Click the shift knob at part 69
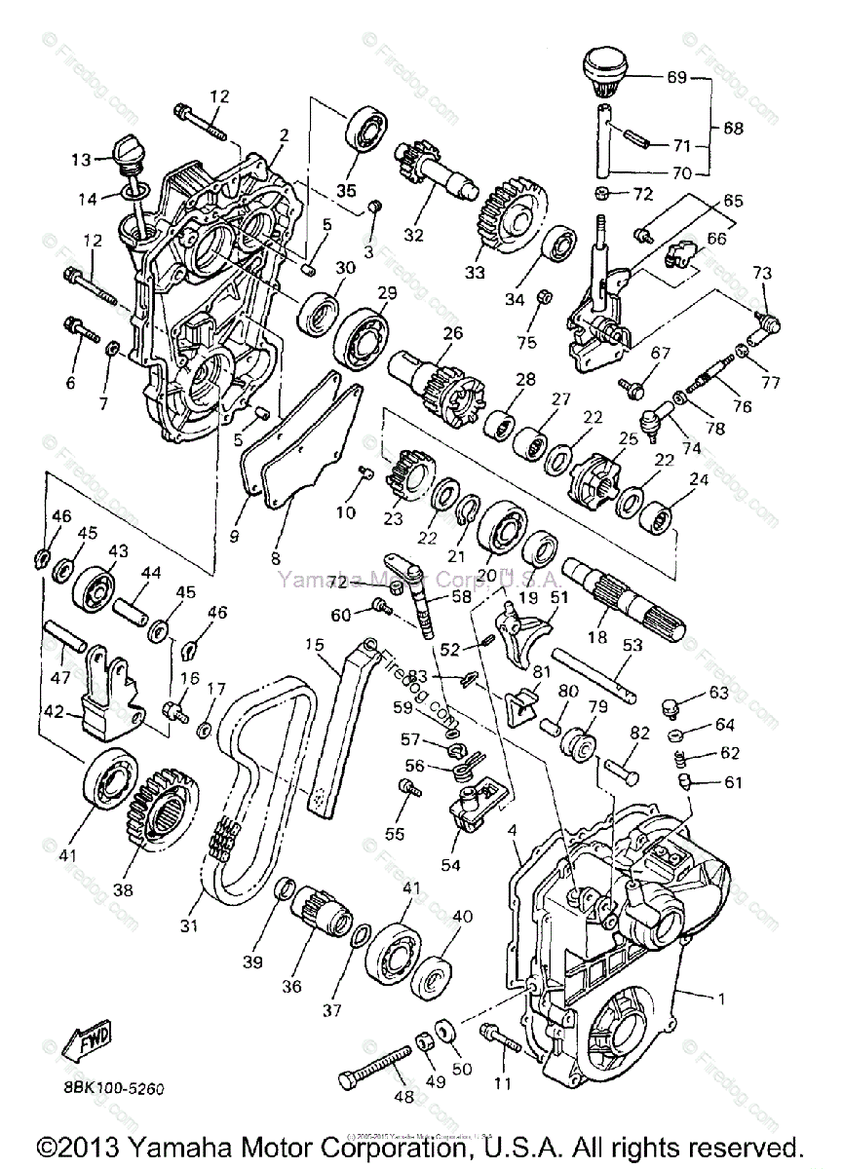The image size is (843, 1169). point(603,68)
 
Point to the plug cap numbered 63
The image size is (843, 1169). point(670,702)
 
